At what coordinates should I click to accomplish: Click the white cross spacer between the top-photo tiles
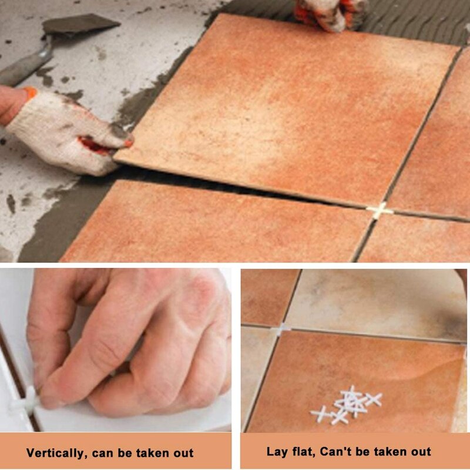(380, 210)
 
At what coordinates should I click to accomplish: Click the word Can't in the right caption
(338, 452)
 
